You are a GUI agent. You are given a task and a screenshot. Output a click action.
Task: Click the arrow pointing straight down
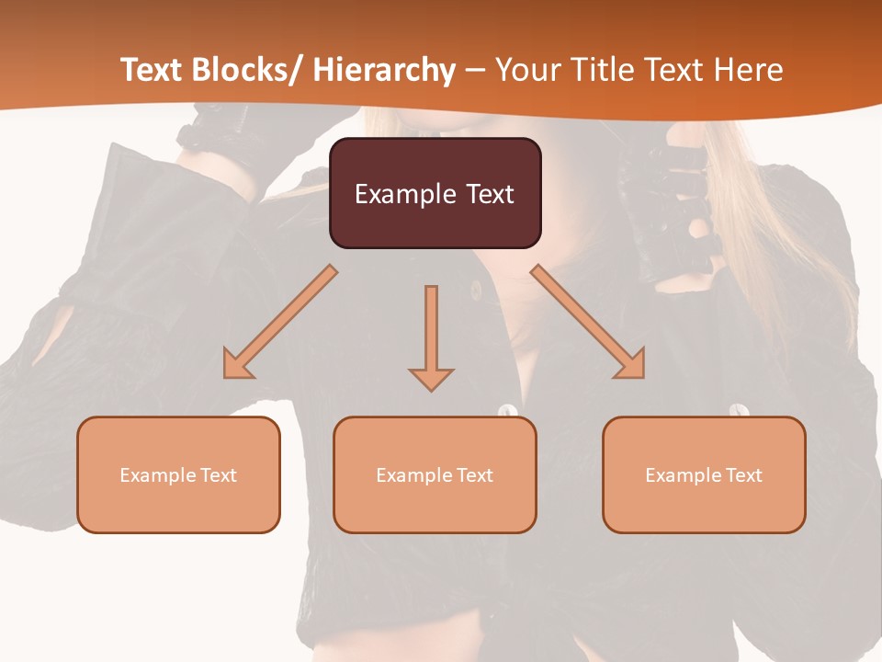431,337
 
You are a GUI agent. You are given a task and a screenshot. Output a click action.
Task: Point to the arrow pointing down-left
280,322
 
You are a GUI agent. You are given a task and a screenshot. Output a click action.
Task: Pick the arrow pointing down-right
588,322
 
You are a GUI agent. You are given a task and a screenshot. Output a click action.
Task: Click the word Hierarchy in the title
384,70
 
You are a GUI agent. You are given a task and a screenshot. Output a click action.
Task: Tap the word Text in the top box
490,194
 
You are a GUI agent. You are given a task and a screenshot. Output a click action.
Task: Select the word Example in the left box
157,475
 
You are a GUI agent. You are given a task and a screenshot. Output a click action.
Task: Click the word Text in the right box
744,475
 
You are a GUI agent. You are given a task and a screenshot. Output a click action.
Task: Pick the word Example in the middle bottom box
413,475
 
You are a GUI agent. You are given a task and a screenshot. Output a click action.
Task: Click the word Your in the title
527,70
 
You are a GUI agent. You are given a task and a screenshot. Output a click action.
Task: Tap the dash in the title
475,70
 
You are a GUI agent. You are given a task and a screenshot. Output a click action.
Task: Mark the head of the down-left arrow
238,364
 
